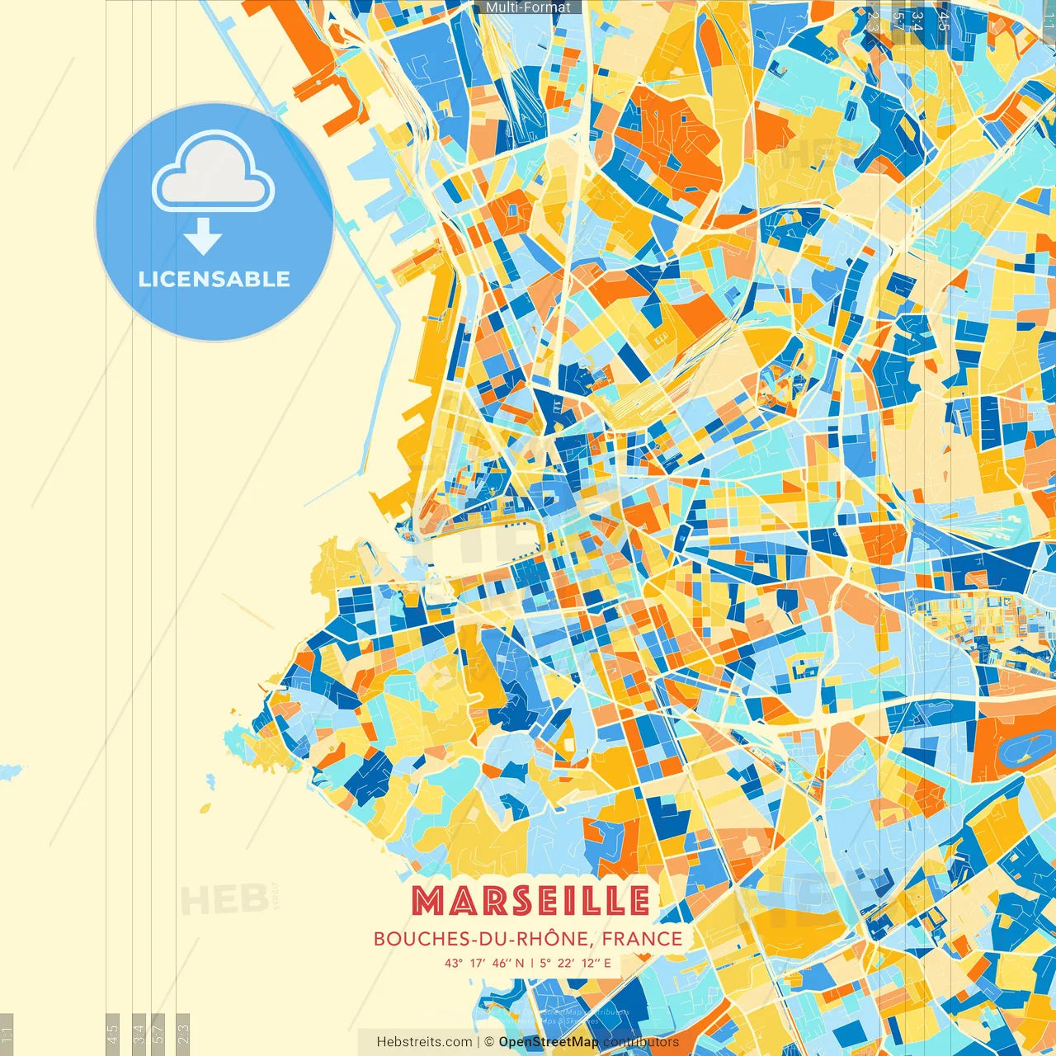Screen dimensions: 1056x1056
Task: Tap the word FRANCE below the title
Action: pyautogui.click(x=642, y=939)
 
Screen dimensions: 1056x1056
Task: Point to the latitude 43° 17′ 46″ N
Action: pyautogui.click(x=483, y=963)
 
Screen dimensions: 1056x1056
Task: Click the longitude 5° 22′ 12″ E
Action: pyautogui.click(x=576, y=963)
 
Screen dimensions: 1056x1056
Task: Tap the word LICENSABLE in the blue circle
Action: pyautogui.click(x=214, y=279)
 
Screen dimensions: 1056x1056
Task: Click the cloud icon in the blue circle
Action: pyautogui.click(x=214, y=172)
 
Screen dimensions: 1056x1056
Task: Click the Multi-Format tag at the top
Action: pyautogui.click(x=528, y=7)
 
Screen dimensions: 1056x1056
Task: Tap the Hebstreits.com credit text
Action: pyautogui.click(x=424, y=1042)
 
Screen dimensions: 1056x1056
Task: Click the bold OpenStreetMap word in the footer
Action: pyautogui.click(x=549, y=1042)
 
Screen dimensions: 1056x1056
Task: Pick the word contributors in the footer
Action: pyautogui.click(x=641, y=1042)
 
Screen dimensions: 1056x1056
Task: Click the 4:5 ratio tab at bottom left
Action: pyautogui.click(x=112, y=1033)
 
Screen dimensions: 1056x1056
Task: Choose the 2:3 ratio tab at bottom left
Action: pyautogui.click(x=183, y=1033)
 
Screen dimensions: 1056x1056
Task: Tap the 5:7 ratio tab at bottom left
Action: pyautogui.click(x=159, y=1033)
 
